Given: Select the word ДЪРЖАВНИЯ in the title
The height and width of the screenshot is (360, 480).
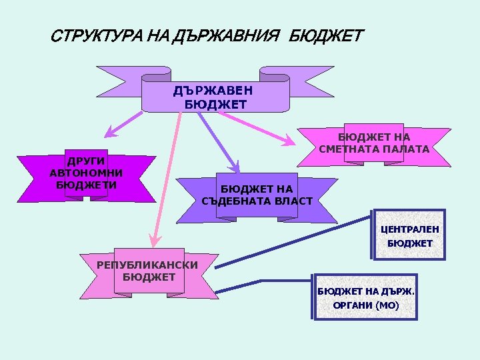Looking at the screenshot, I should (x=227, y=35).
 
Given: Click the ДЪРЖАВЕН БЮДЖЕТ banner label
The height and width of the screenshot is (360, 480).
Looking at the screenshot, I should (x=215, y=97).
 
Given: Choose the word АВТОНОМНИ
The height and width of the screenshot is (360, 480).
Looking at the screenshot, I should (x=85, y=173).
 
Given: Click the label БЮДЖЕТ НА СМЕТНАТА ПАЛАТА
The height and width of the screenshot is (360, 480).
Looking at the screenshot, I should (x=374, y=143).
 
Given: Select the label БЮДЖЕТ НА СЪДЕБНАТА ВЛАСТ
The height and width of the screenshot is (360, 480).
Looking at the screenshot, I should (x=257, y=195).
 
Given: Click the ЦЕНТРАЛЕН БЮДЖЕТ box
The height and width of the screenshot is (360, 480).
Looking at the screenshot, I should (x=409, y=236).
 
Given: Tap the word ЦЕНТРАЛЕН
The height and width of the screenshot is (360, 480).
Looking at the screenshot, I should (x=409, y=229).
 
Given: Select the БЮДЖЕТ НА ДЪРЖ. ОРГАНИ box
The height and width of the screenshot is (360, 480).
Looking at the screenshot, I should (x=366, y=298).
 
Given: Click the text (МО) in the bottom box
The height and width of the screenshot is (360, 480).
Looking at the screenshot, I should (x=387, y=305).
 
